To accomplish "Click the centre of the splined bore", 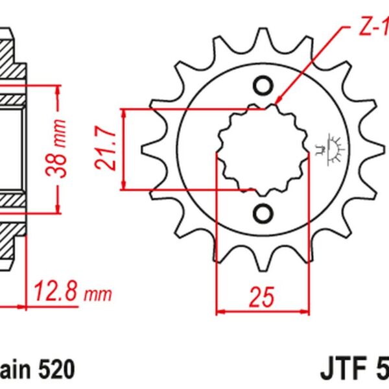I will [x=262, y=150].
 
